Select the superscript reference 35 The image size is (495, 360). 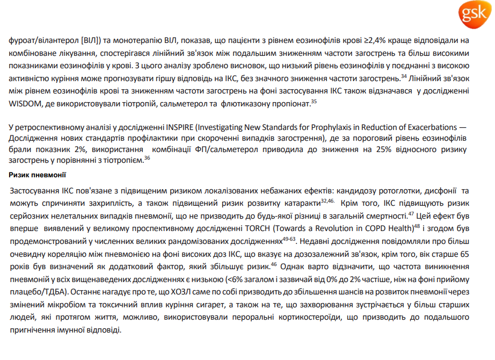314,100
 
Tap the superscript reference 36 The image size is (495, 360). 147,157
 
